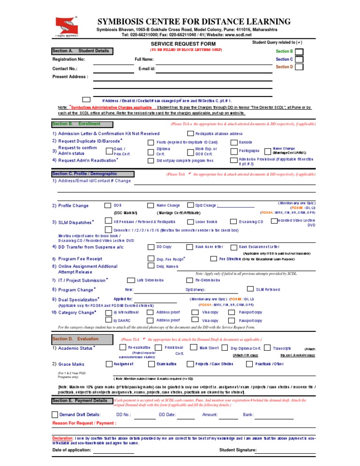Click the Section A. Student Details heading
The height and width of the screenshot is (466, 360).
[82, 51]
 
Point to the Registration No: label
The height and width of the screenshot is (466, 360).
[69, 60]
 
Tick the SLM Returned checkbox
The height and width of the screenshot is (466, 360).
[251, 289]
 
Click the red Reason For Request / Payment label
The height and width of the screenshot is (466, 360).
[84, 423]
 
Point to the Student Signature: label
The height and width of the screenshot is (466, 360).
[238, 451]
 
